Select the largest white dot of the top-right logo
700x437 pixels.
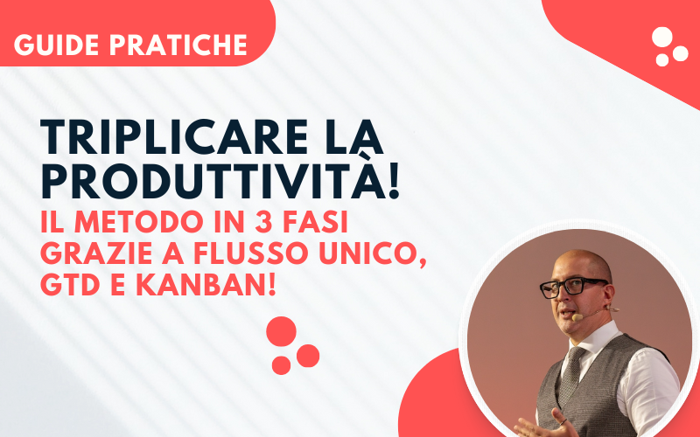(x=663, y=38)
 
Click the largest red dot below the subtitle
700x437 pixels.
(x=282, y=331)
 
